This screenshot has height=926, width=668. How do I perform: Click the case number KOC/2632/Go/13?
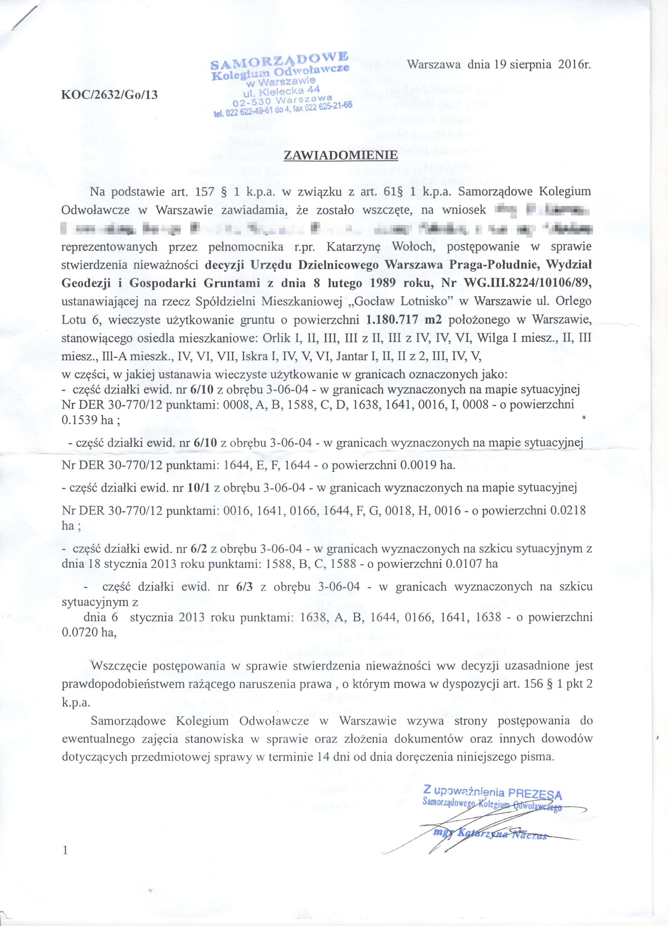109,95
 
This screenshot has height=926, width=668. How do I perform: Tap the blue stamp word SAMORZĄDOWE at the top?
279,61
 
